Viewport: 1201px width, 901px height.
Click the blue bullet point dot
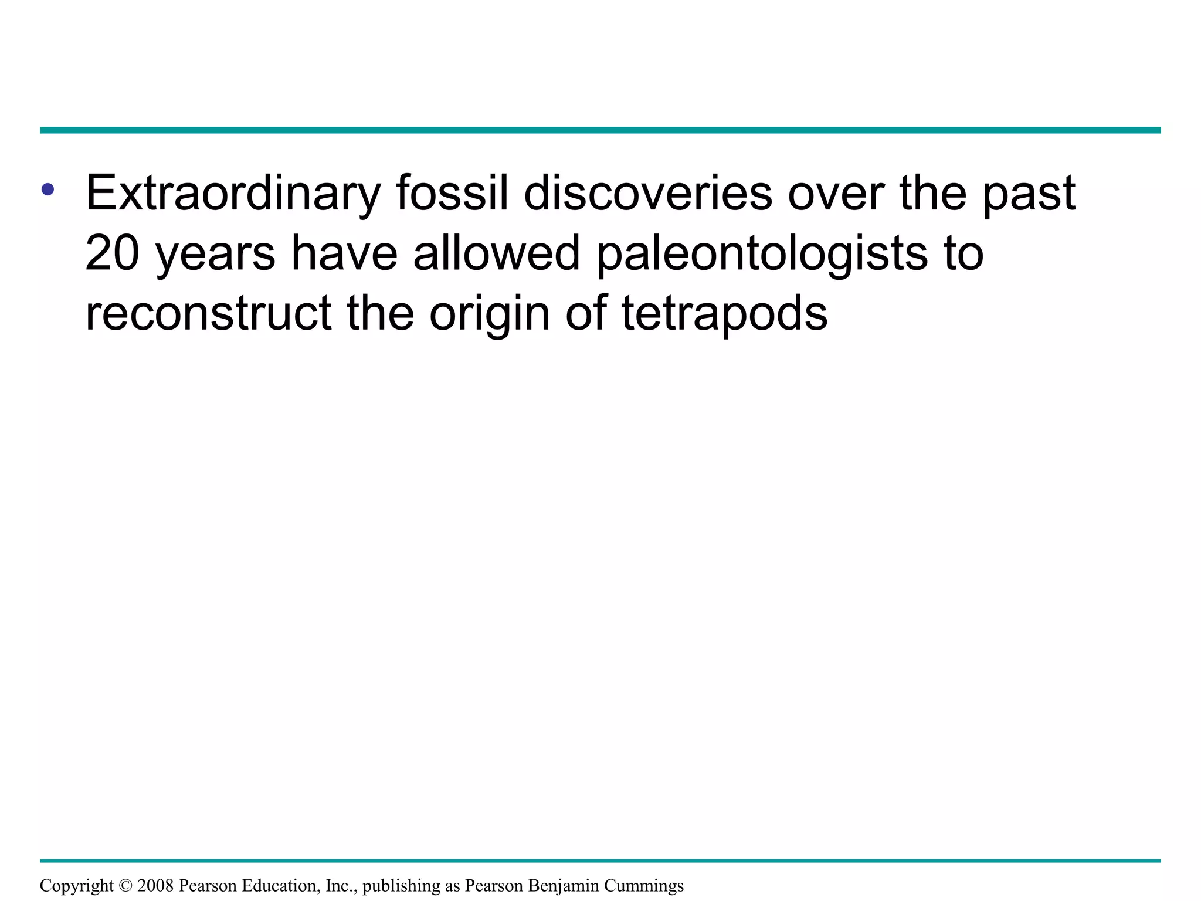point(48,189)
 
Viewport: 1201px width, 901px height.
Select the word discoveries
point(648,193)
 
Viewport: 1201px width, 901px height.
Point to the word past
point(1029,194)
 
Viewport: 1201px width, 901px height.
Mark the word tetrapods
point(724,314)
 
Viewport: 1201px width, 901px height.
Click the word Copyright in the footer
point(77,886)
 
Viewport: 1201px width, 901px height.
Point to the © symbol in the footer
point(125,885)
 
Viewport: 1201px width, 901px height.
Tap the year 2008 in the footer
point(155,885)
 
